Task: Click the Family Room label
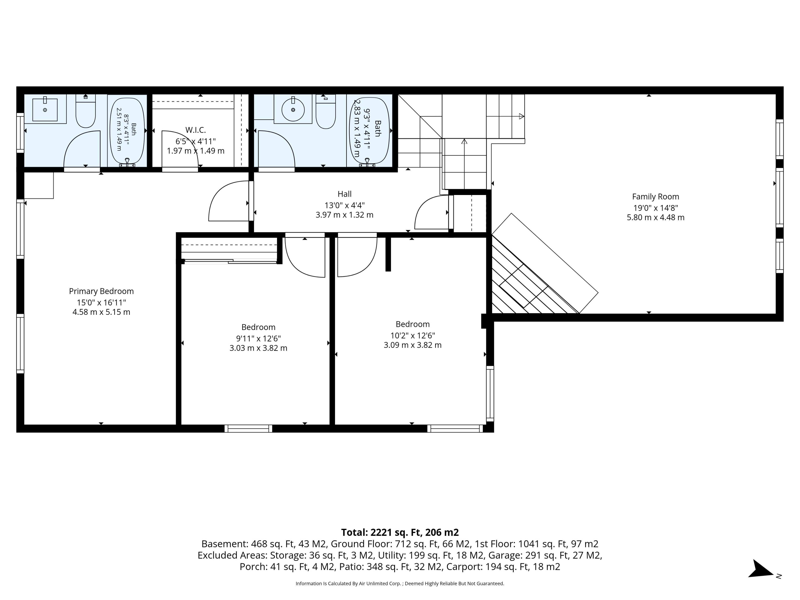coord(655,197)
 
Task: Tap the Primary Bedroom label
coord(101,291)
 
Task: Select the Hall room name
coord(344,194)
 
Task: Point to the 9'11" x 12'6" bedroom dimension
coord(258,339)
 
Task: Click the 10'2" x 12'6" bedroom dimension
coord(413,335)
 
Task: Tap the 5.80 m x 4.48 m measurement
coord(655,217)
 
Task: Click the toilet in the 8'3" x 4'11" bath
coord(85,111)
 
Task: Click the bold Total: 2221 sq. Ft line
coord(400,532)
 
